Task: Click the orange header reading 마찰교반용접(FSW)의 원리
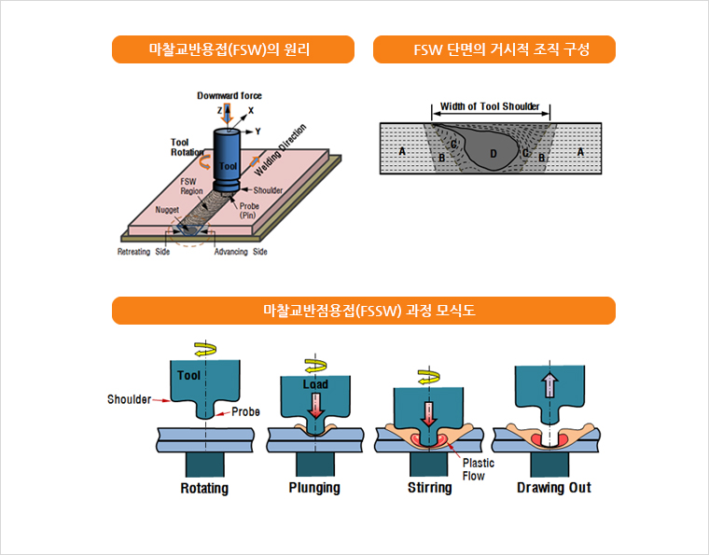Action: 232,49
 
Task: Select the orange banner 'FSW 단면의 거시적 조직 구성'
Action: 494,49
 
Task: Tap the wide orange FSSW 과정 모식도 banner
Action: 364,311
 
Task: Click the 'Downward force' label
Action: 229,95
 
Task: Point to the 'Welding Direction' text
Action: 280,149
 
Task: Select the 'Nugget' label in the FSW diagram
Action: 168,211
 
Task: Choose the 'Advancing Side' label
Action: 241,253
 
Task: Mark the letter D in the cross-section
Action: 494,152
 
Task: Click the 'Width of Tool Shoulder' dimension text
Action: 490,106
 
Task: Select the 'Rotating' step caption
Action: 204,488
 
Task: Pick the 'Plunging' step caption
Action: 314,488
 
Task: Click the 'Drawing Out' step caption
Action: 554,488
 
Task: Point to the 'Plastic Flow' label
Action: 479,469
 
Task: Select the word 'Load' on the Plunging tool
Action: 315,384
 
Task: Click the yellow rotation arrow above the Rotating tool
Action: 204,349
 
